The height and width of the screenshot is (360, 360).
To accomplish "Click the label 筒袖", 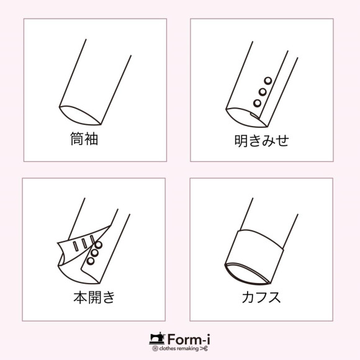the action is point(84,138).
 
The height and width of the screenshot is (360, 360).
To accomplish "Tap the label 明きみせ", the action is point(261,140).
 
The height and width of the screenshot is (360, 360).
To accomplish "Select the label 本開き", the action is point(94,297).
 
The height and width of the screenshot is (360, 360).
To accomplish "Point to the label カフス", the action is point(261,297).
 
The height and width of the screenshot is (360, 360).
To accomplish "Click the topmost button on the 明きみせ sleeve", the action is point(268,81).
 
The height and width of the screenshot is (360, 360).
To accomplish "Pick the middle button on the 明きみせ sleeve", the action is point(263,92).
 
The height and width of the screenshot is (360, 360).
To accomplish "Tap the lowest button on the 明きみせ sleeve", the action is point(257,103).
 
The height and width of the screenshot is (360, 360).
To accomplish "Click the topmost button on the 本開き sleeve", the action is point(99,245).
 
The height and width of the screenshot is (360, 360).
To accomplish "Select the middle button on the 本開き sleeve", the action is point(94,253).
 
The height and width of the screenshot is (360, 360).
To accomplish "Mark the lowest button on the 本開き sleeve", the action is point(90,261).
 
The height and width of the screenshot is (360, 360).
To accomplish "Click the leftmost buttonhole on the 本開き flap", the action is point(76,246).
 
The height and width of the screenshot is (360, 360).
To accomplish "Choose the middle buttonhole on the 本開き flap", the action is point(84,243).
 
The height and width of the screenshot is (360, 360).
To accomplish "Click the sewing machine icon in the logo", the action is point(157,339).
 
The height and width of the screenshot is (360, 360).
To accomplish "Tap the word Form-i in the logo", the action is point(189,339).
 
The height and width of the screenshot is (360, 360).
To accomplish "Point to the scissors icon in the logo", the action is point(204,349).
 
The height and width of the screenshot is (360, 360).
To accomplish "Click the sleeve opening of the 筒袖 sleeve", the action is point(80,115).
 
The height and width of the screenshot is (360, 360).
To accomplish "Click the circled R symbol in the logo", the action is point(155,349).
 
